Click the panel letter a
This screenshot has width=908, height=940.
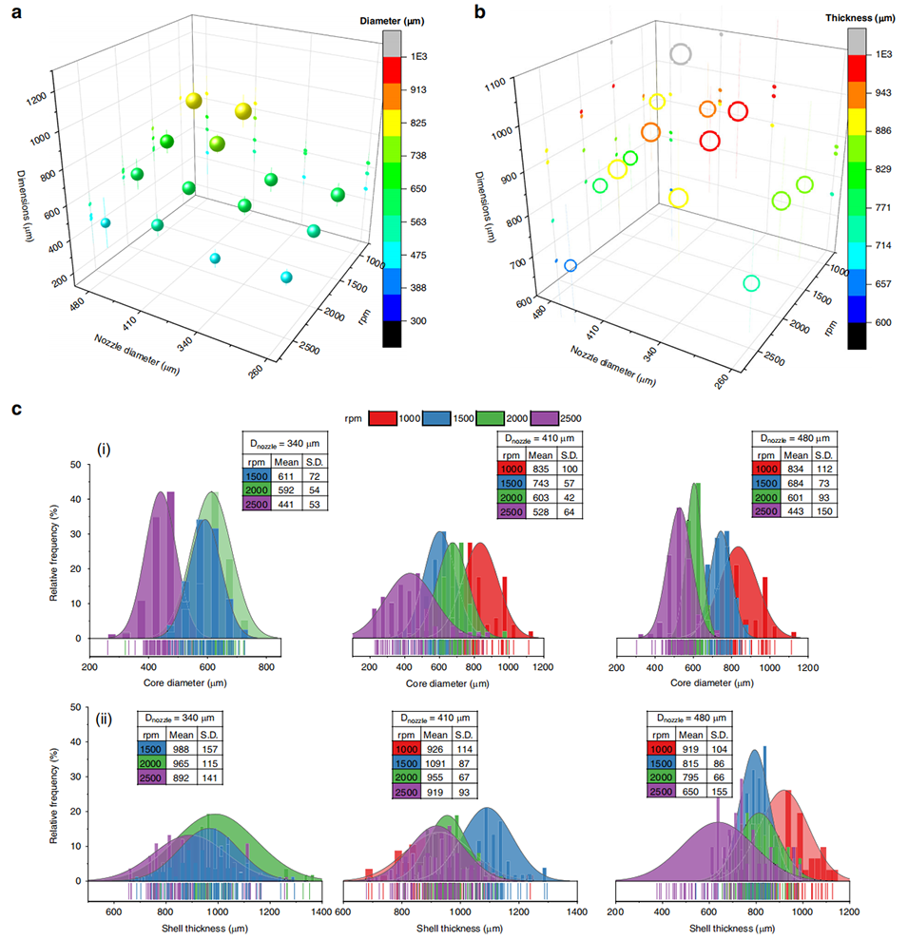click(14, 14)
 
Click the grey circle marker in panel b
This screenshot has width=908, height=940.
click(680, 53)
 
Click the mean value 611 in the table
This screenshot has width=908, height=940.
click(280, 472)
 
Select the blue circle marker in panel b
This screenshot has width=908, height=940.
click(570, 266)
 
